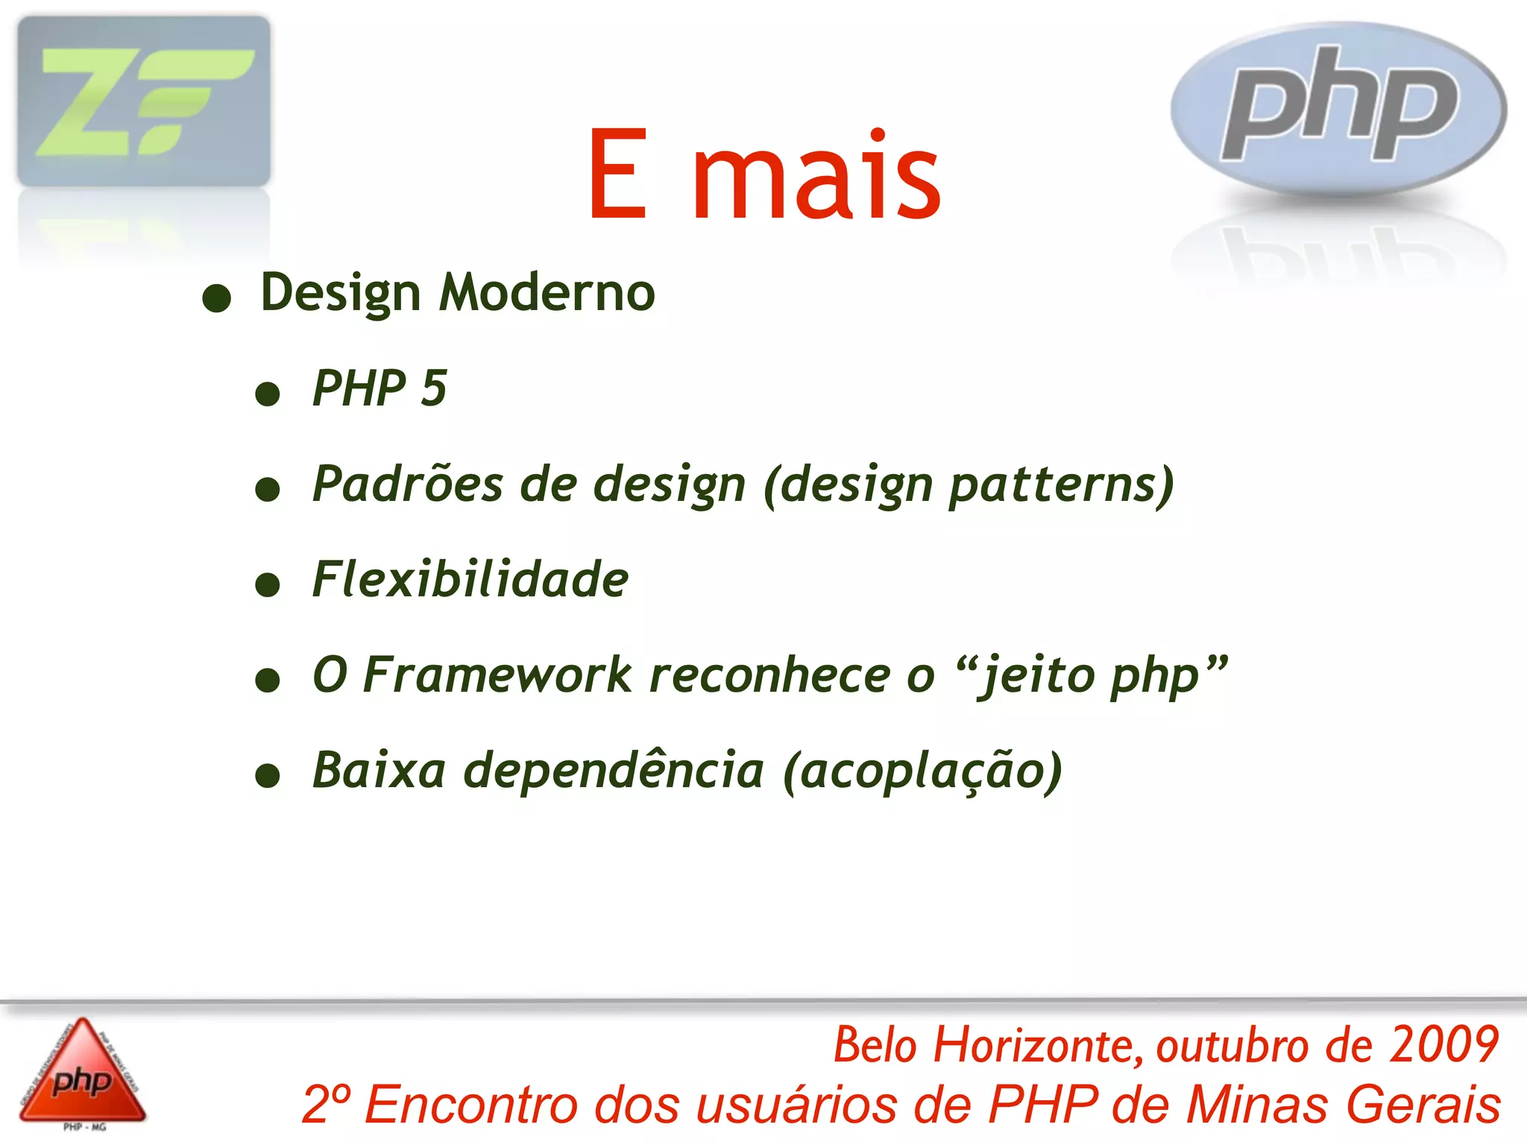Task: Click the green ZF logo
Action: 144,101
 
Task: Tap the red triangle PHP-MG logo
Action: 83,1074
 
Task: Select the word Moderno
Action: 547,292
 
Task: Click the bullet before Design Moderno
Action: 216,298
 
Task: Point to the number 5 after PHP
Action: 433,388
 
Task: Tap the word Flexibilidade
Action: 470,580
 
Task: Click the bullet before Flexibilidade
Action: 267,584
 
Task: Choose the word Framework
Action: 497,675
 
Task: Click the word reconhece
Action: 769,675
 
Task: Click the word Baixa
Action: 380,771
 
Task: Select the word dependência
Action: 614,771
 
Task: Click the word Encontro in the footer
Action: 470,1105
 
